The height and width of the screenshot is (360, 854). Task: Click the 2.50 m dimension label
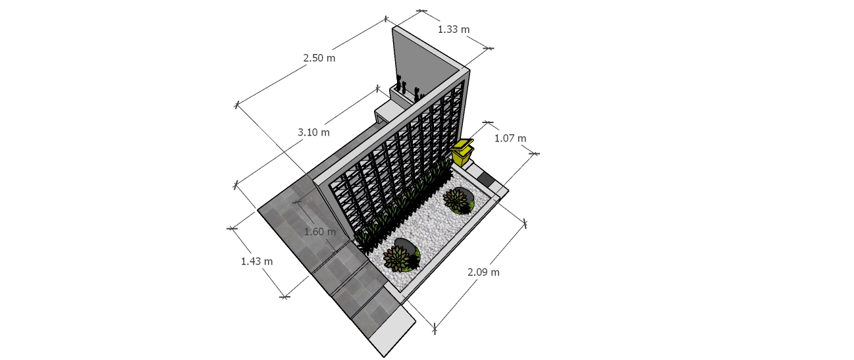pyautogui.click(x=319, y=58)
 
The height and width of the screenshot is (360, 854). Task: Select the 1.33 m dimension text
pyautogui.click(x=453, y=30)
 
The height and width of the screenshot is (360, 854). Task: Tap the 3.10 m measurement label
pyautogui.click(x=313, y=132)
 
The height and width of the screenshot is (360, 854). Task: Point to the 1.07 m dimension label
pyautogui.click(x=510, y=138)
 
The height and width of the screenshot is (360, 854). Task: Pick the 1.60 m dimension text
pyautogui.click(x=320, y=232)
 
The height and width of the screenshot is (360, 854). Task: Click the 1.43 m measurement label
pyautogui.click(x=257, y=261)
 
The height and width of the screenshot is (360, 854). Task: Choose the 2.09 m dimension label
pyautogui.click(x=483, y=272)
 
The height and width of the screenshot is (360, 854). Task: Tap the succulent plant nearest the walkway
pyautogui.click(x=396, y=258)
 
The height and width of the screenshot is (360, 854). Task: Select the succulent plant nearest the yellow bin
pyautogui.click(x=455, y=199)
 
